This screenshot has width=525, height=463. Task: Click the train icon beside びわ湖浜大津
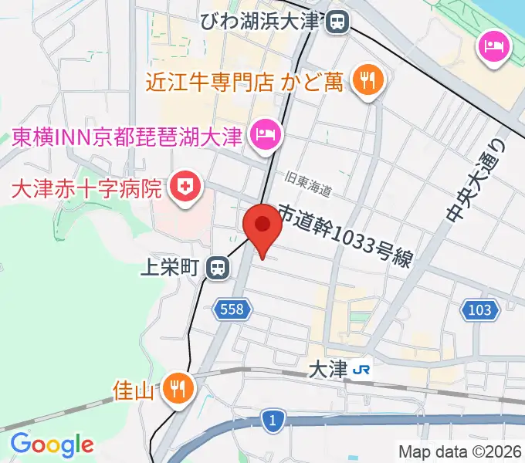pyautogui.click(x=337, y=22)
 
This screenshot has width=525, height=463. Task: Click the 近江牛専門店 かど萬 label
pyautogui.click(x=245, y=81)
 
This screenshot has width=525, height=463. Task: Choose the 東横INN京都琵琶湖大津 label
pyautogui.click(x=127, y=137)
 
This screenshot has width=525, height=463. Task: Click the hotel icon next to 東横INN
pyautogui.click(x=266, y=137)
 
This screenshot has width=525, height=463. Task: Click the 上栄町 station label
pyautogui.click(x=170, y=268)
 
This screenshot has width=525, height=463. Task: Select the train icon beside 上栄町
pyautogui.click(x=218, y=268)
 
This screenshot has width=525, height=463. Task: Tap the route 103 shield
pyautogui.click(x=479, y=310)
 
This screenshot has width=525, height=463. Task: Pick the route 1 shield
pyautogui.click(x=272, y=420)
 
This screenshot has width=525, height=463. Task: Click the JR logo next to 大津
pyautogui.click(x=361, y=371)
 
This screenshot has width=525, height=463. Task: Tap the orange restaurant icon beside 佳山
pyautogui.click(x=177, y=387)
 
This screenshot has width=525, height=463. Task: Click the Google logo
pyautogui.click(x=52, y=444)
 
